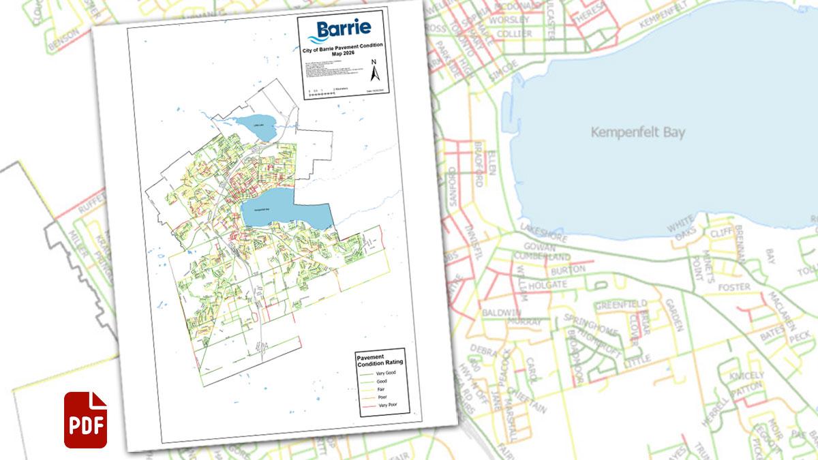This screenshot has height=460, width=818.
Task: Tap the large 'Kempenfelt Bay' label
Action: pos(638,133)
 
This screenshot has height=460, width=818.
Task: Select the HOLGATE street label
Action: pos(547,283)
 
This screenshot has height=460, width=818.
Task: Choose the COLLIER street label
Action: pos(515,33)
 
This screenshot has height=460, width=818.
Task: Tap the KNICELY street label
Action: pos(746,376)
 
